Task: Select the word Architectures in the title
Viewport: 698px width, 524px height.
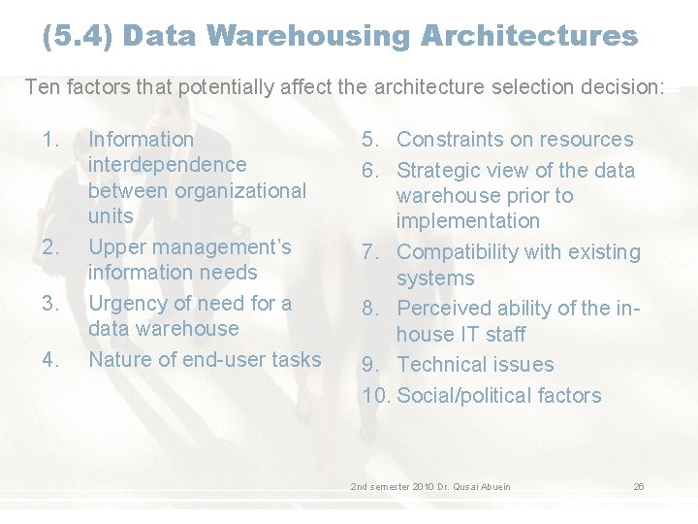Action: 529,37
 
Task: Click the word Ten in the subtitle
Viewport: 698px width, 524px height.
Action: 42,87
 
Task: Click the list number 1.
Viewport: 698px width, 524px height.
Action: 52,140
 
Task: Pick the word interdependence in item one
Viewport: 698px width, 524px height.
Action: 167,165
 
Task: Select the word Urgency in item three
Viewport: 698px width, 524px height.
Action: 125,303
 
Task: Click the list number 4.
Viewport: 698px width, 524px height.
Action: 52,359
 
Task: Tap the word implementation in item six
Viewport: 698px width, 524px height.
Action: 467,221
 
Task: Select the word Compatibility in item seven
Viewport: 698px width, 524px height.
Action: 459,252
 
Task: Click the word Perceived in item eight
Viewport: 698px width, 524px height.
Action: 445,309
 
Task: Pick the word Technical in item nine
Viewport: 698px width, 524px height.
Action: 442,365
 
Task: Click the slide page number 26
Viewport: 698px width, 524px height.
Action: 639,486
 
